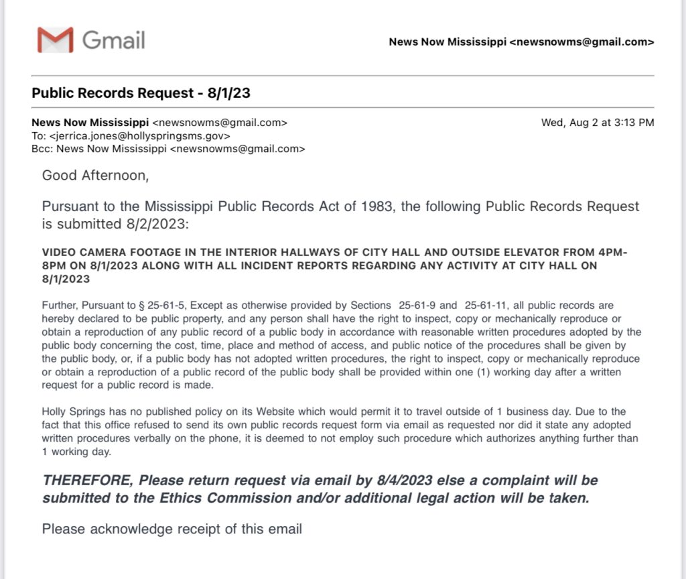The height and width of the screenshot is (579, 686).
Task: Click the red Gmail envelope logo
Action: pyautogui.click(x=55, y=40)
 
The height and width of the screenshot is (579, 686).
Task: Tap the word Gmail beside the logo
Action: pyautogui.click(x=113, y=40)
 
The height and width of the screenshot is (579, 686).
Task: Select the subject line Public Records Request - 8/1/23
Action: pyautogui.click(x=141, y=93)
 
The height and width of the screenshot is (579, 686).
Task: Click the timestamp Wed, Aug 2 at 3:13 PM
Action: pyautogui.click(x=598, y=123)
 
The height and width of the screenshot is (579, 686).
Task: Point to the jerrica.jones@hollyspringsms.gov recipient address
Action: pyautogui.click(x=140, y=136)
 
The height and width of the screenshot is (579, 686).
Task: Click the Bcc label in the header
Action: pyautogui.click(x=40, y=149)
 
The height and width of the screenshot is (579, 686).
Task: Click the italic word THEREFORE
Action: pyautogui.click(x=87, y=480)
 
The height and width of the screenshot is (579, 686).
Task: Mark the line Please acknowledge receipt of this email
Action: pyautogui.click(x=171, y=529)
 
